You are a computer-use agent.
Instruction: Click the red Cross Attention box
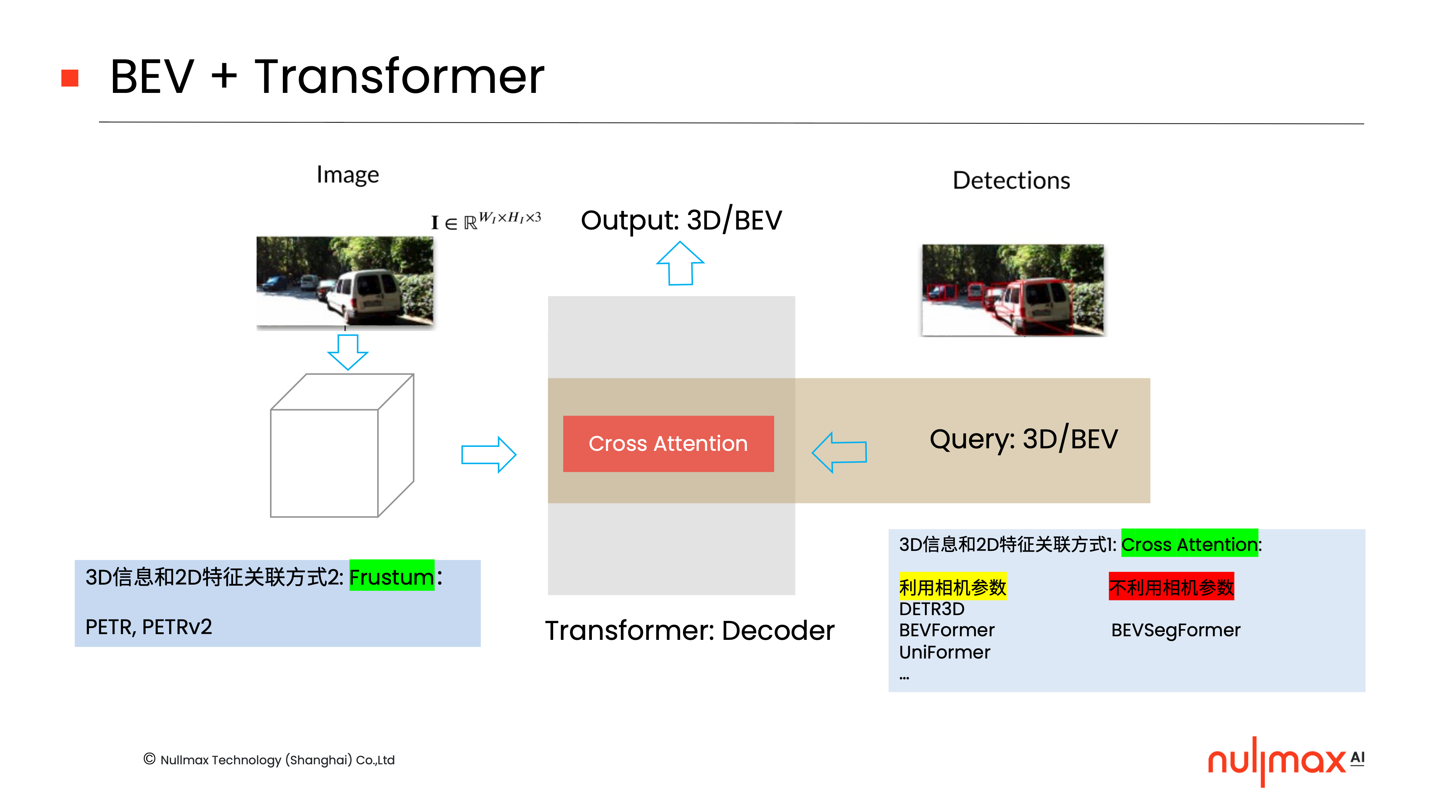click(x=668, y=444)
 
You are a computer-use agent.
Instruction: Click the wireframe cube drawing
click(x=341, y=445)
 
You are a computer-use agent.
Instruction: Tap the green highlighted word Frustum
click(x=391, y=576)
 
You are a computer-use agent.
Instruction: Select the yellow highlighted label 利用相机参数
click(x=953, y=586)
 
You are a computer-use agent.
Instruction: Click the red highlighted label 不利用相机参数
click(x=1171, y=586)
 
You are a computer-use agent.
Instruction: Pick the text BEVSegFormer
click(x=1175, y=630)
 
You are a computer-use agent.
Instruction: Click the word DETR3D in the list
click(x=931, y=608)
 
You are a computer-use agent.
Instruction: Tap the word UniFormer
click(x=945, y=652)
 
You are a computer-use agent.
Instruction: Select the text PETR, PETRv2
click(x=149, y=627)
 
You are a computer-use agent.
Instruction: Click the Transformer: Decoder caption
click(x=689, y=631)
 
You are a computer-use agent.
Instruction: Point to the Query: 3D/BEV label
click(x=1023, y=439)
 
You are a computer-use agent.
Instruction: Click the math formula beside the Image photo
click(x=485, y=221)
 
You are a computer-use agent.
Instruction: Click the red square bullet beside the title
click(x=70, y=78)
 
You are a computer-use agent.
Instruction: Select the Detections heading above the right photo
click(x=1011, y=180)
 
